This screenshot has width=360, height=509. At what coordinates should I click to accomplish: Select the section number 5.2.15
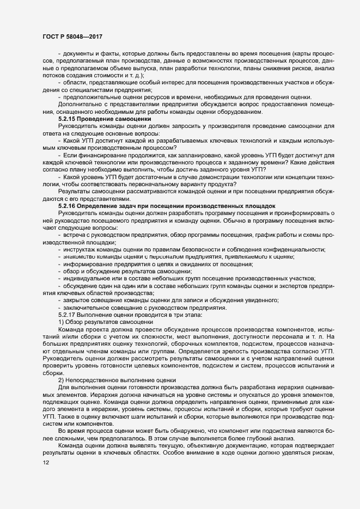pyautogui.click(x=68, y=118)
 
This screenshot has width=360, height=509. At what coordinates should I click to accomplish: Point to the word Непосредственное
pyautogui.click(x=96, y=379)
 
